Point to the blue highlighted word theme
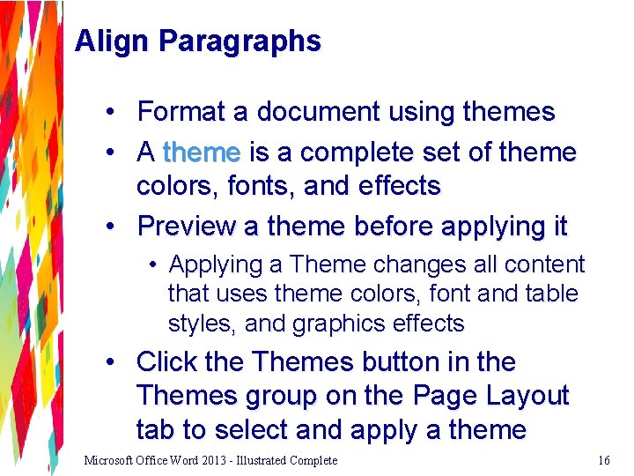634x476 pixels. pyautogui.click(x=202, y=152)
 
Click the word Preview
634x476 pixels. pyautogui.click(x=187, y=227)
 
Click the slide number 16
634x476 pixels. pyautogui.click(x=604, y=460)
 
